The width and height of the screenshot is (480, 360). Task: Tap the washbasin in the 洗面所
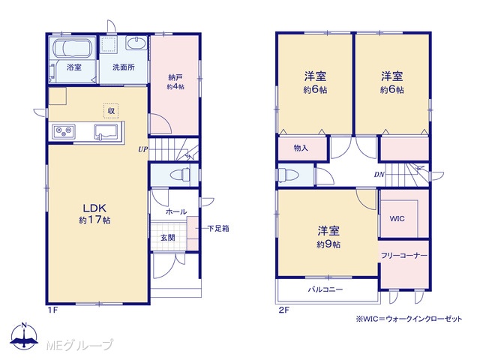coord(136,43)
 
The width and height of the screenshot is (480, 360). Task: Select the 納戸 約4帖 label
coord(175,82)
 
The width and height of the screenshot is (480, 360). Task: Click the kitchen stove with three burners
coord(64,131)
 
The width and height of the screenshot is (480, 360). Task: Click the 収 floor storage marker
coord(111,110)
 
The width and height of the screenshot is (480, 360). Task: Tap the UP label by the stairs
coord(142,150)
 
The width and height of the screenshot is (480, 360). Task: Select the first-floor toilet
coord(181,175)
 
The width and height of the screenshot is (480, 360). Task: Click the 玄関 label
coord(167,238)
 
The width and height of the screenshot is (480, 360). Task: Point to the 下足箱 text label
coord(218,228)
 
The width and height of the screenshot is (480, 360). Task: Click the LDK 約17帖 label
coord(95,214)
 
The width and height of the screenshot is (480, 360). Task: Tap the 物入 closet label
coord(301,148)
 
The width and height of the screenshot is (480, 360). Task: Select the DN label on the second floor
coord(379,175)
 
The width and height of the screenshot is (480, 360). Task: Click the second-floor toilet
coord(288,175)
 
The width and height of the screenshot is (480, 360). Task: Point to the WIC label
coord(397,219)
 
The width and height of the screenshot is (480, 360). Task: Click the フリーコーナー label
coord(404,256)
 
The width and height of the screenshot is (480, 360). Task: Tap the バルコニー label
coord(325,289)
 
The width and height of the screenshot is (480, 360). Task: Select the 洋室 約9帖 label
coord(328,237)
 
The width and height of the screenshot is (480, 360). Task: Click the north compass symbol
coord(24,335)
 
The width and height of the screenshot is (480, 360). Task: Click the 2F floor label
coord(283,310)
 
